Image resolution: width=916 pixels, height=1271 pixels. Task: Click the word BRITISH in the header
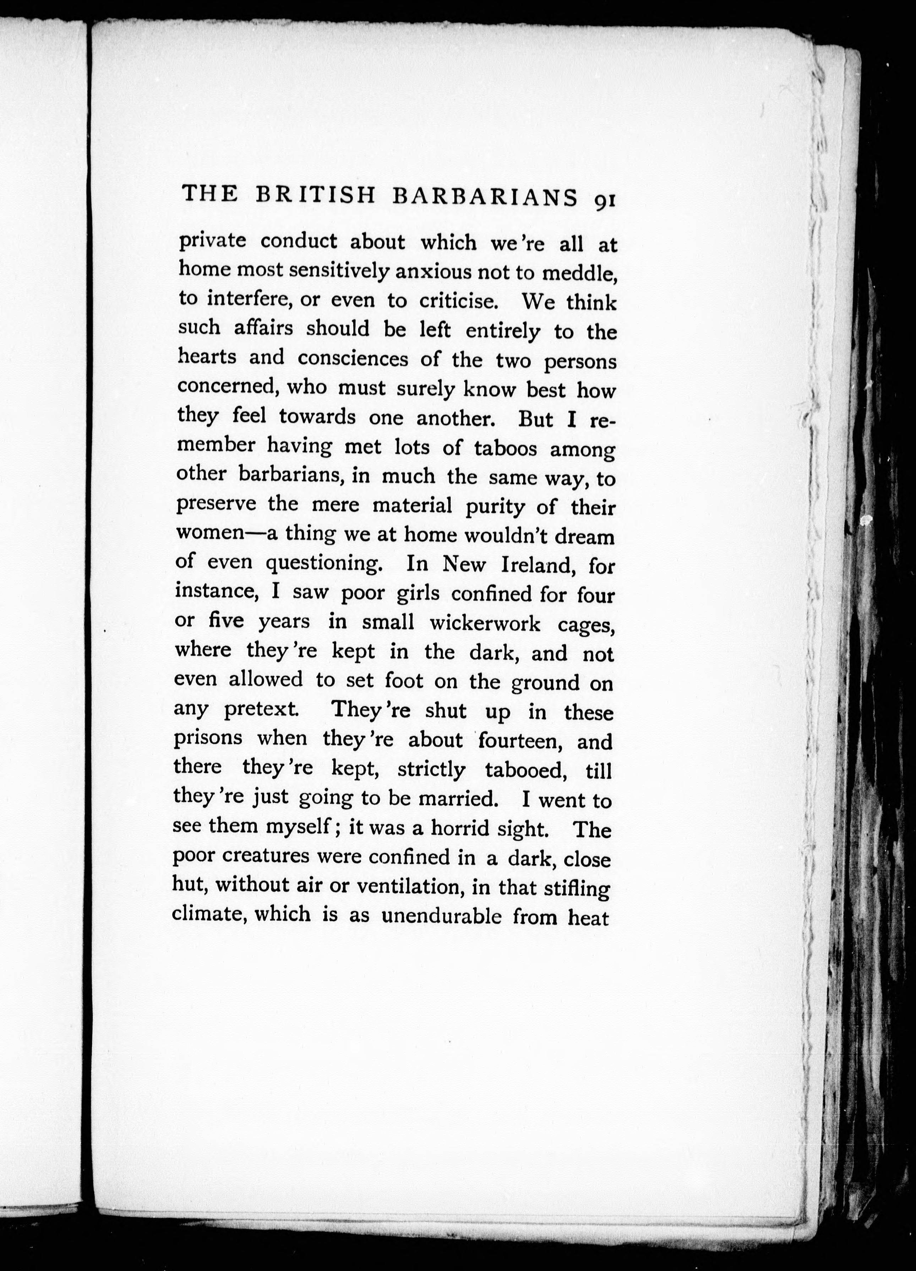coord(315,196)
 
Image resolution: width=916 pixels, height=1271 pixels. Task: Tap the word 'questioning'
coord(323,564)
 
